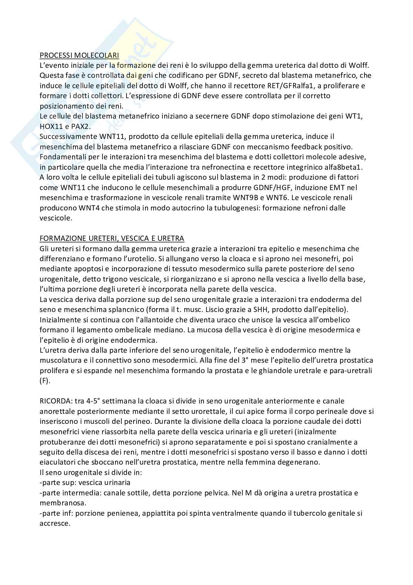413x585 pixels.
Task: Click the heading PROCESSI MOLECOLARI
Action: click(x=79, y=55)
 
